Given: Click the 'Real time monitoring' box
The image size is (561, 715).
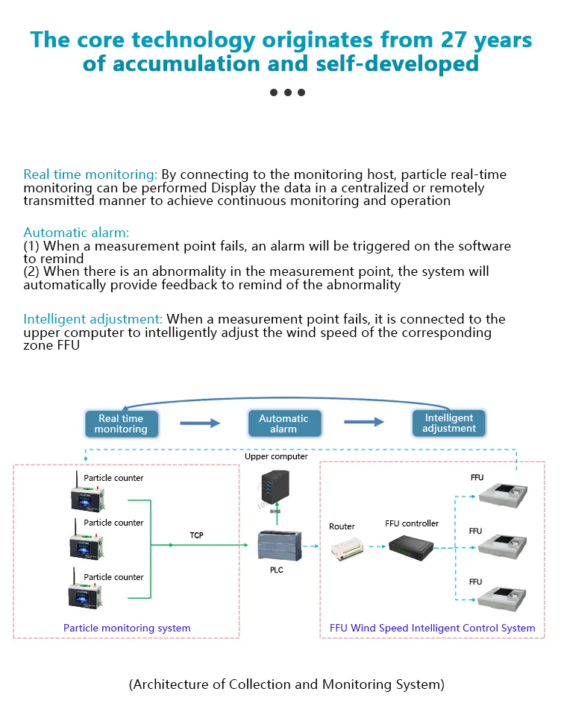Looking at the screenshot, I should pyautogui.click(x=121, y=423).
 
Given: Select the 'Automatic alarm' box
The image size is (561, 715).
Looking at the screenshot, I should pyautogui.click(x=283, y=423).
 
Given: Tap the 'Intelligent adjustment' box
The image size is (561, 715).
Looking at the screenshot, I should pyautogui.click(x=448, y=423).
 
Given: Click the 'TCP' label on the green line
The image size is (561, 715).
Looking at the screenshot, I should pyautogui.click(x=196, y=535).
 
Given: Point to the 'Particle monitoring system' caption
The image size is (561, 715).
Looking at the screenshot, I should pyautogui.click(x=127, y=628).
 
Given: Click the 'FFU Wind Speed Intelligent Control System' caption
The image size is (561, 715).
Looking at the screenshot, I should pyautogui.click(x=432, y=628).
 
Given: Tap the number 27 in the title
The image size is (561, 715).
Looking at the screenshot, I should pyautogui.click(x=457, y=40).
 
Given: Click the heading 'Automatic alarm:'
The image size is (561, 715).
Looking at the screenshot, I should pyautogui.click(x=76, y=233).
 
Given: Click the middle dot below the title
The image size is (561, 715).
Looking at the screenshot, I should pyautogui.click(x=287, y=92).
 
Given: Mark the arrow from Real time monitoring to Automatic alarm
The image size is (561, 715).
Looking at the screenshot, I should pyautogui.click(x=200, y=423).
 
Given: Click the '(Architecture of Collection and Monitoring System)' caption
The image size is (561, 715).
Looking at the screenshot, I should pyautogui.click(x=286, y=684).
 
